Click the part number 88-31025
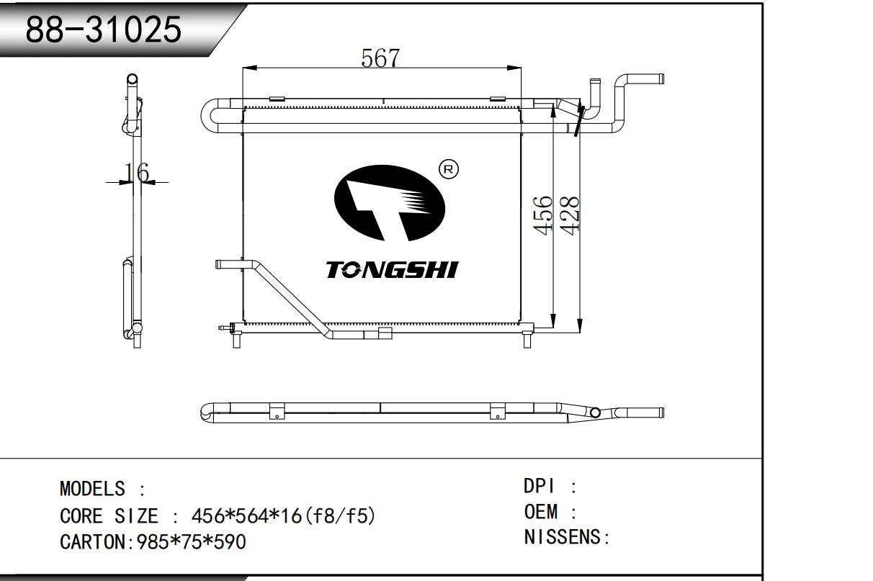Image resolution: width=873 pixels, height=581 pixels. click(103, 30)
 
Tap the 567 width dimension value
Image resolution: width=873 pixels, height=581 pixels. click(380, 58)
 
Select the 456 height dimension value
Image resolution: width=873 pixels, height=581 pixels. click(543, 215)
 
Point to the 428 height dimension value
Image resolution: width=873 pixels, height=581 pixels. click(570, 215)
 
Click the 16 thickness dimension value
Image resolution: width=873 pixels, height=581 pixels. click(136, 172)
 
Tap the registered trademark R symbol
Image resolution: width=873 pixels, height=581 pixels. click(449, 169)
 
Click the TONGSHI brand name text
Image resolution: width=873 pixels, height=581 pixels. click(392, 270)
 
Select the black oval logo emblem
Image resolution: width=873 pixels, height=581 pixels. click(390, 203)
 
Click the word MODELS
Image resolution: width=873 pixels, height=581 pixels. click(92, 489)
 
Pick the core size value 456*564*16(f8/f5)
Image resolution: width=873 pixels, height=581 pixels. click(283, 516)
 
